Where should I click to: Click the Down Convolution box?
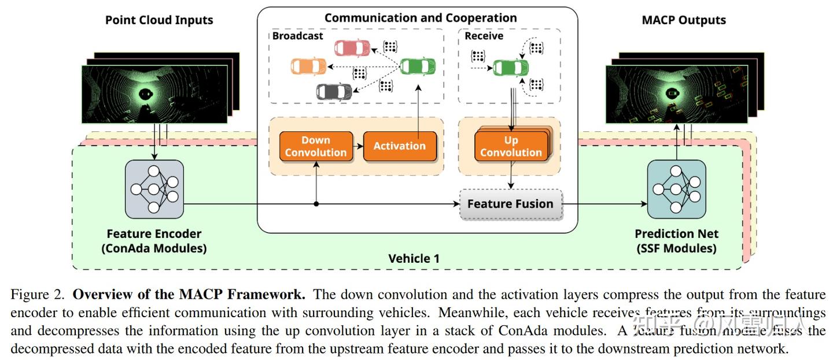pyautogui.click(x=316, y=146)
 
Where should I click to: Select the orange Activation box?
pyautogui.click(x=399, y=146)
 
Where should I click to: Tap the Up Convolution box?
pyautogui.click(x=511, y=146)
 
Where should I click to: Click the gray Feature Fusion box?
pyautogui.click(x=510, y=204)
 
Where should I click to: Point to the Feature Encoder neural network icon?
pyautogui.click(x=154, y=189)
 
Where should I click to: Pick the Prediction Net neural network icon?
pyautogui.click(x=676, y=189)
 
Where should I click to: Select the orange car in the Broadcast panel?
pyautogui.click(x=308, y=67)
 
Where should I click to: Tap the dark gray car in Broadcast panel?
pyautogui.click(x=334, y=91)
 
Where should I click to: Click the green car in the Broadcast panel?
pyautogui.click(x=418, y=66)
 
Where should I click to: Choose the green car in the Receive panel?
pyautogui.click(x=511, y=68)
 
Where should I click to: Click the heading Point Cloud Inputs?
pyautogui.click(x=159, y=20)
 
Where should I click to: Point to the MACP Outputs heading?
pyautogui.click(x=684, y=20)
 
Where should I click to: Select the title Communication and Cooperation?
pyautogui.click(x=421, y=17)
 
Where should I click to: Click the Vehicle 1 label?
pyautogui.click(x=414, y=258)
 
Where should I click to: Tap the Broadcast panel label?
pyautogui.click(x=298, y=36)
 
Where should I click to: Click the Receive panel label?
pyautogui.click(x=484, y=36)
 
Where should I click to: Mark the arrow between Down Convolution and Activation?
pyautogui.click(x=358, y=146)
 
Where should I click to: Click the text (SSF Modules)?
pyautogui.click(x=676, y=248)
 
